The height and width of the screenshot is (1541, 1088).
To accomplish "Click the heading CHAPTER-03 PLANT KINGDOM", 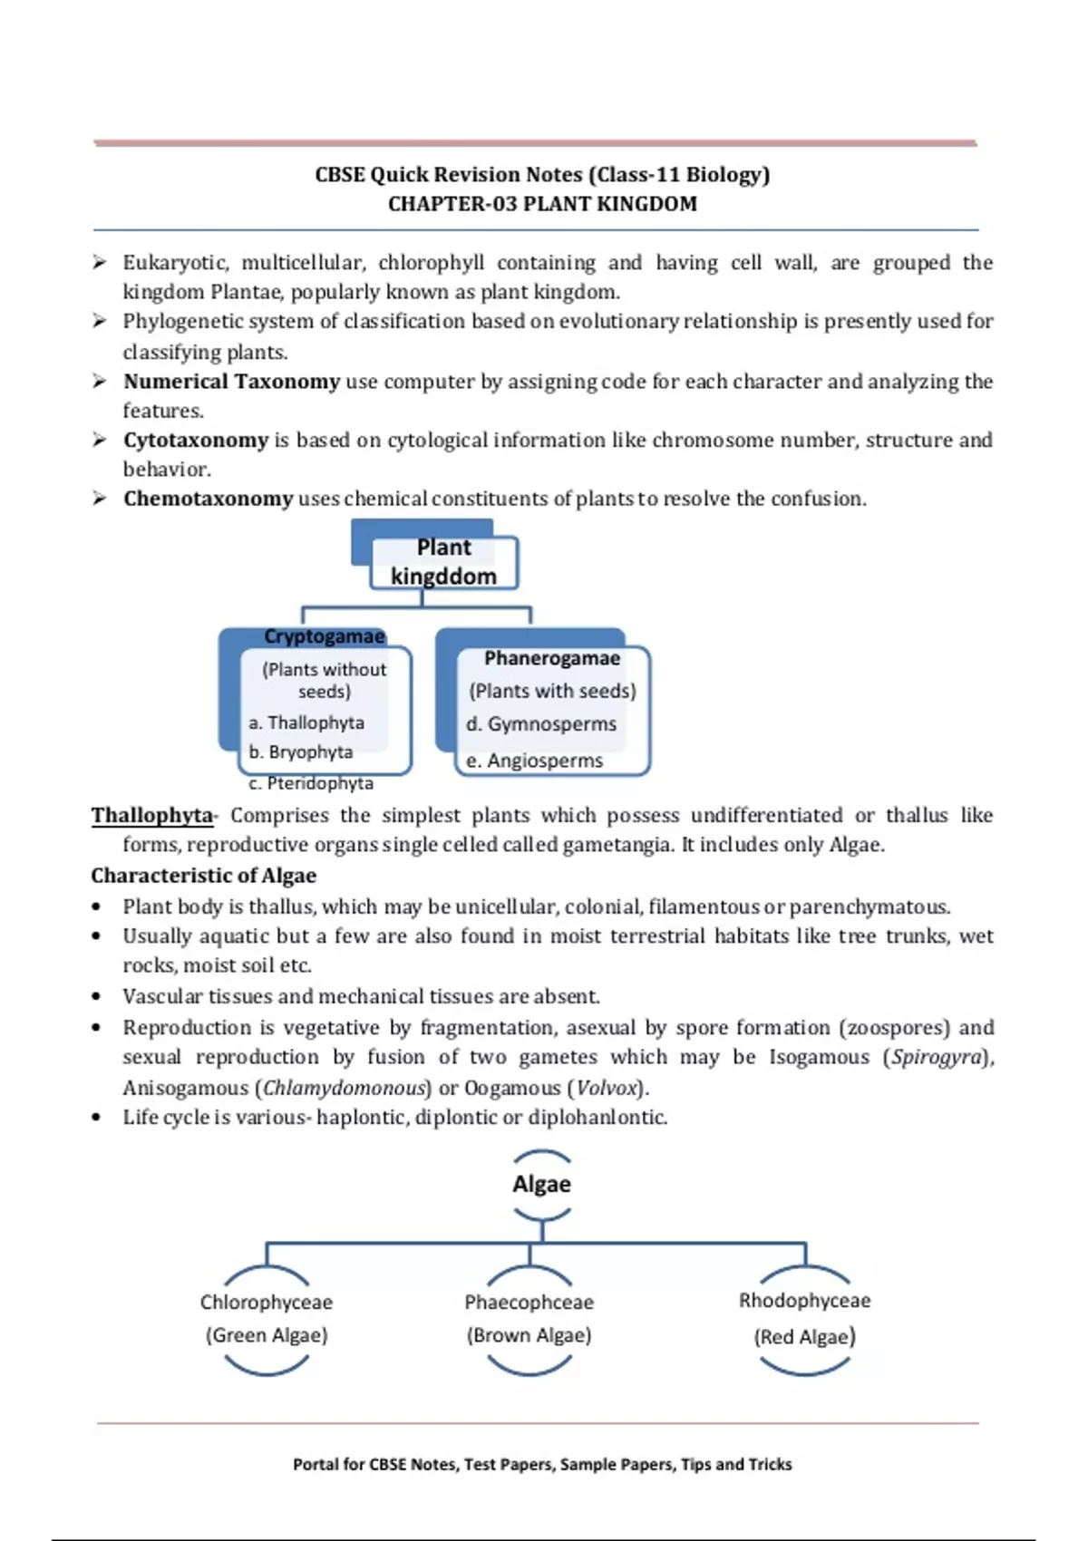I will [x=542, y=204].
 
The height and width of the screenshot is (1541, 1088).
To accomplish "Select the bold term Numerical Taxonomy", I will [x=231, y=382].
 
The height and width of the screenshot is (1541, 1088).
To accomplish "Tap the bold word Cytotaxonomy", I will [x=196, y=441].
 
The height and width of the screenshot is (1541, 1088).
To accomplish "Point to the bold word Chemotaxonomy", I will [x=209, y=499].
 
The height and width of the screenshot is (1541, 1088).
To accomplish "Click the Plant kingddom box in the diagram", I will [x=444, y=562].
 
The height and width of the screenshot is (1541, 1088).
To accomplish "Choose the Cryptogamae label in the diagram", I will [x=325, y=636].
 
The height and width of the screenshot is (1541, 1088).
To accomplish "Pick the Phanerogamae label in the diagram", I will [x=551, y=658].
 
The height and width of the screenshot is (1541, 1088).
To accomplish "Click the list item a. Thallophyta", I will [x=306, y=722].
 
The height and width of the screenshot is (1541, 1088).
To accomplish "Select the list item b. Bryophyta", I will [x=301, y=752].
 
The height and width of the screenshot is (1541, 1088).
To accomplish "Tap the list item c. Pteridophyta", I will [x=311, y=783].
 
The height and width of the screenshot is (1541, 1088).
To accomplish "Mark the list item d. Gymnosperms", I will [x=541, y=724].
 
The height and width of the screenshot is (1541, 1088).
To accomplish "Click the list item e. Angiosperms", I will [x=534, y=761].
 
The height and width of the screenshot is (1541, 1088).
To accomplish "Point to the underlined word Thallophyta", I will [x=152, y=816].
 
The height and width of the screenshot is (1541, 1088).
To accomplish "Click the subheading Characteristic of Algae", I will [x=204, y=876].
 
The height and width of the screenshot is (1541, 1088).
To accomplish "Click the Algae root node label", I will [x=541, y=1184].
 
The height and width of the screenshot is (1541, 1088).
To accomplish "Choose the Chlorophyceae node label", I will [x=267, y=1303].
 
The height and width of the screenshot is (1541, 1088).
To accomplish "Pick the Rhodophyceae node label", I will [x=804, y=1301].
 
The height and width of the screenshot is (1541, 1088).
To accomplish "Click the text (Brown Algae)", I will [x=529, y=1335].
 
